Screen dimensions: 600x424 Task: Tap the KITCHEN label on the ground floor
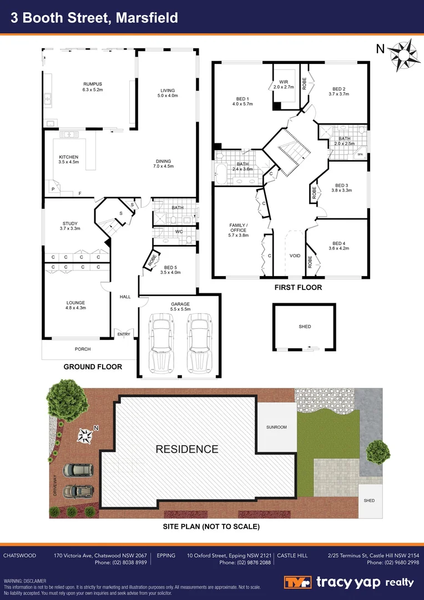[69, 157]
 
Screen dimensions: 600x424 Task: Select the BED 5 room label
[170, 267]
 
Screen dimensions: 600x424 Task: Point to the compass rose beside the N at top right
[404, 54]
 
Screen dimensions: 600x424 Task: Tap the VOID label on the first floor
[295, 256]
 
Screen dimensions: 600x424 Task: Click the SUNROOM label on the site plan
[276, 427]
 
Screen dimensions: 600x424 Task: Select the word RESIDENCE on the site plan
[186, 449]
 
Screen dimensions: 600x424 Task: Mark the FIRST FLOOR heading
[298, 288]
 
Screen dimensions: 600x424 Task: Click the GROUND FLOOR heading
[93, 367]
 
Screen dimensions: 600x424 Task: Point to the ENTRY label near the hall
[123, 334]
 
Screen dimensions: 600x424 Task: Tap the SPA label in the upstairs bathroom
[360, 154]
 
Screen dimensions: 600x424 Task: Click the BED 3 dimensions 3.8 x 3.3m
[341, 190]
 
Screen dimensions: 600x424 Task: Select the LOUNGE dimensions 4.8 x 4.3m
[76, 308]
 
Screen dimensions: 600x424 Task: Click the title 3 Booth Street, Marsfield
[95, 18]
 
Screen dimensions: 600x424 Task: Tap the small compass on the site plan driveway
[85, 436]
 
